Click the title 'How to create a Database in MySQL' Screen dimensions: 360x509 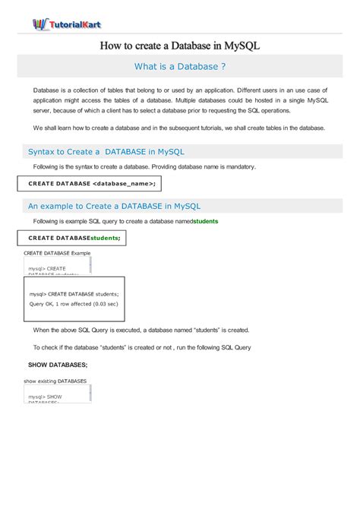tap(180, 46)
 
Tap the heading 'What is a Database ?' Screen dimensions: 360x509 tap(180, 66)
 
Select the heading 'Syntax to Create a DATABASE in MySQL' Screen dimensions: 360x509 tap(106, 151)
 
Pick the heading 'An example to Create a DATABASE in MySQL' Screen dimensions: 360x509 tap(114, 205)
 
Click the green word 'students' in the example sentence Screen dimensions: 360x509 tap(206, 221)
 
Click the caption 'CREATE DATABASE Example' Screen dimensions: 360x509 tap(57, 252)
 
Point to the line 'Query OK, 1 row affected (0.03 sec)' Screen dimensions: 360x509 tap(74, 303)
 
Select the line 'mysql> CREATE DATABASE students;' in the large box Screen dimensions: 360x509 tap(74, 293)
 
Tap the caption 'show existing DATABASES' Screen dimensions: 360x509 tap(55, 381)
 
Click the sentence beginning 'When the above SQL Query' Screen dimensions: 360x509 tap(141, 330)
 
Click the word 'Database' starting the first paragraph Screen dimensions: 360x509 tap(48, 90)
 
